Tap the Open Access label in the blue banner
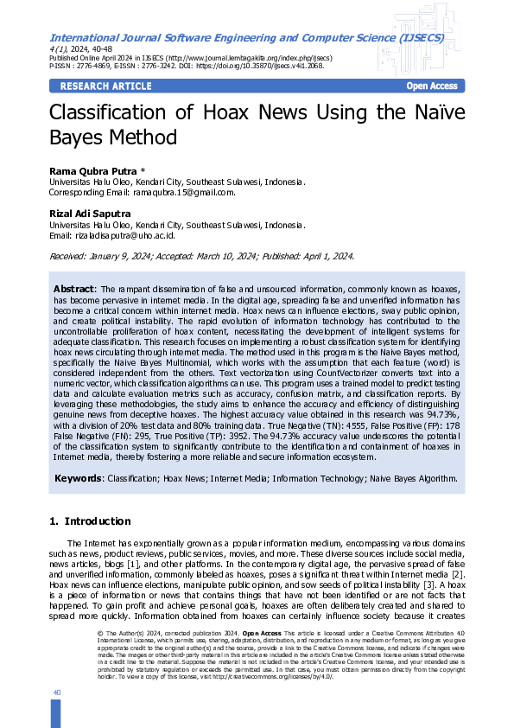(x=432, y=86)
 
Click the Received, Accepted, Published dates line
(x=200, y=257)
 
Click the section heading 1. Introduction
(x=90, y=521)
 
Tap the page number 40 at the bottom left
(x=56, y=693)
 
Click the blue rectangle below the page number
(x=56, y=713)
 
